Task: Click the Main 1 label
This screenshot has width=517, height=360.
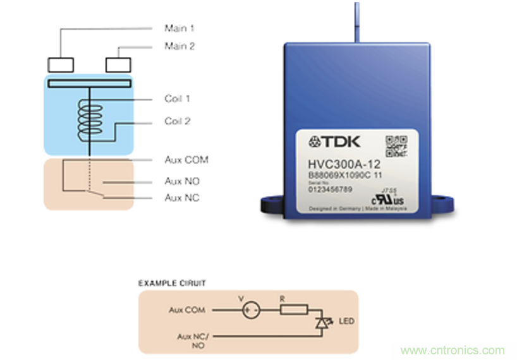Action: (x=179, y=28)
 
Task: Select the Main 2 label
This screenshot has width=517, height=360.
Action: (x=179, y=45)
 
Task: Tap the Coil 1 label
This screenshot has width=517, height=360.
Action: (x=178, y=99)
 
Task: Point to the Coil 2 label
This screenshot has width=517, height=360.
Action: (x=178, y=121)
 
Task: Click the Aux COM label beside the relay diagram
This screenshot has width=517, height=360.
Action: (x=186, y=160)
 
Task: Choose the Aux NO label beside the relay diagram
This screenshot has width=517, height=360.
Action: (x=182, y=181)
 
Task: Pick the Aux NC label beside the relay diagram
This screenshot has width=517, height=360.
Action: (x=182, y=198)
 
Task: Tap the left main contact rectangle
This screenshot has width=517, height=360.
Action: (x=61, y=64)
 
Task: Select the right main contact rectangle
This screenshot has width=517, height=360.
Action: (x=118, y=64)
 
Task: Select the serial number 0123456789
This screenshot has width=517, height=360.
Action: (x=330, y=188)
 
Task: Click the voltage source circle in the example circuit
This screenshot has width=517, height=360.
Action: (x=249, y=310)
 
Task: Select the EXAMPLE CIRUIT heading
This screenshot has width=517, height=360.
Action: (x=172, y=283)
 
